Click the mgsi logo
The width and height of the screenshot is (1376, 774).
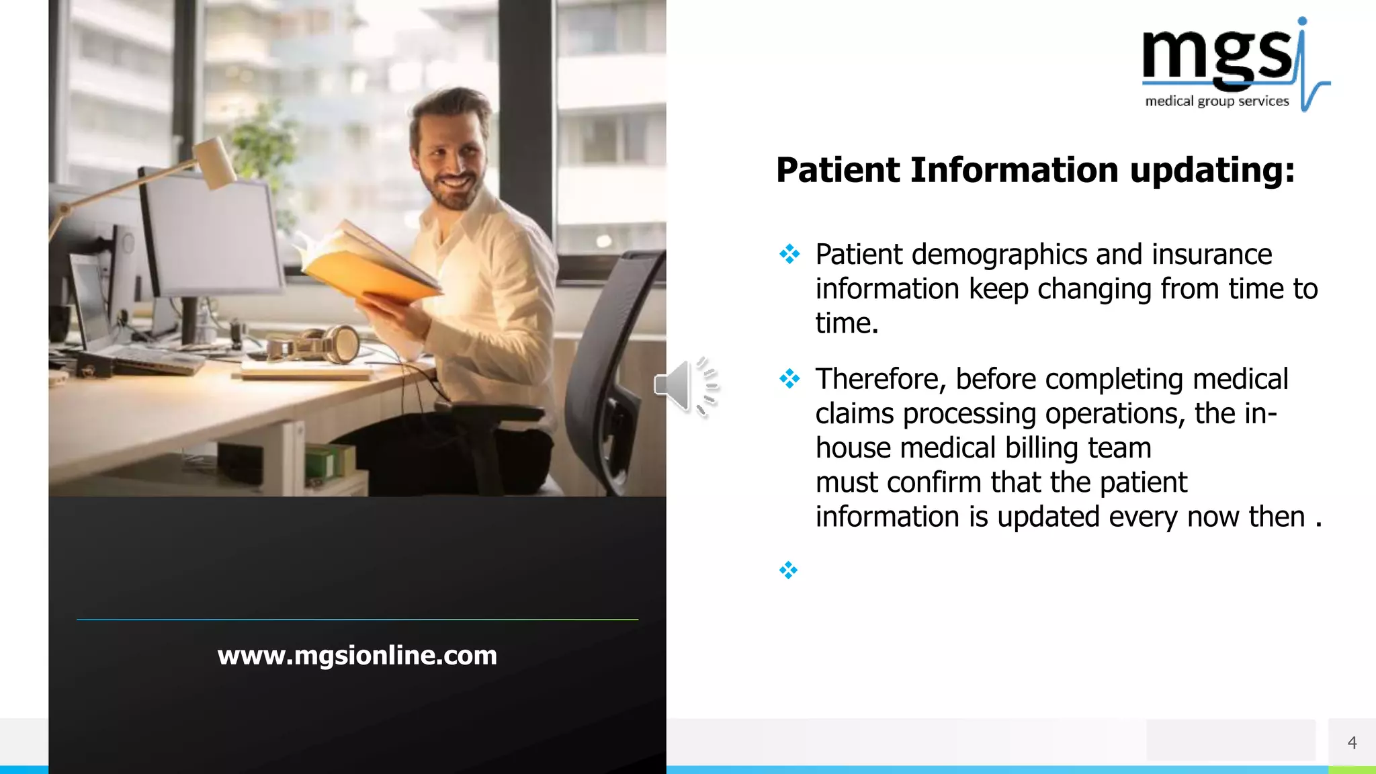pos(1235,64)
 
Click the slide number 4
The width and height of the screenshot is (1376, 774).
pos(1352,742)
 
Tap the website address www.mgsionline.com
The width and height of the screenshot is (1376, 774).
pos(357,655)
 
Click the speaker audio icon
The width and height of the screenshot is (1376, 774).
pos(686,386)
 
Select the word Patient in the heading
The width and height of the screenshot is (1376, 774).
pos(838,170)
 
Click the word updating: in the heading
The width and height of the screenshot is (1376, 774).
pos(1212,170)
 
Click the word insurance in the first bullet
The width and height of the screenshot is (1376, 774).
pos(1211,255)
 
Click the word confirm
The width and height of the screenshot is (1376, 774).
pos(934,482)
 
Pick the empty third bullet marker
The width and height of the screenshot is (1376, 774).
pos(788,570)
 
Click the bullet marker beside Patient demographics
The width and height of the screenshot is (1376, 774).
pos(789,254)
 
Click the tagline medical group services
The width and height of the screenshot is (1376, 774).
pos(1217,101)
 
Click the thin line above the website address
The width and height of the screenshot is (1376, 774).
pos(357,619)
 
